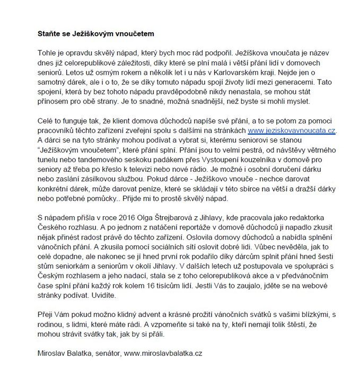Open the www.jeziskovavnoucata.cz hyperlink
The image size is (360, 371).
click(x=291, y=129)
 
